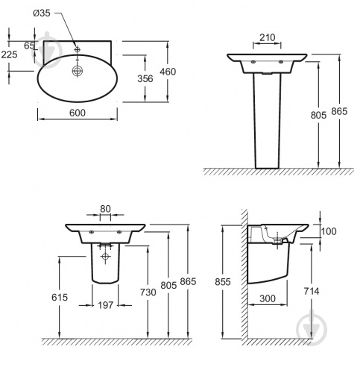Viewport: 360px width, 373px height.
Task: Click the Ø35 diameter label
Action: (x=42, y=13)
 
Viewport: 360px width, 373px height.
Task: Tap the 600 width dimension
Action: (x=78, y=113)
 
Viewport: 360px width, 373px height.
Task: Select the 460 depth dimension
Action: (x=168, y=72)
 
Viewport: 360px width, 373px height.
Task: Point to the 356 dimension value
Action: (x=145, y=78)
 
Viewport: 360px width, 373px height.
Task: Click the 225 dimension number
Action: (x=9, y=54)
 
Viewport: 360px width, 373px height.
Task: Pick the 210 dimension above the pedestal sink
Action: (x=268, y=37)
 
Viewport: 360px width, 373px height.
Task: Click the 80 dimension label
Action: (x=105, y=209)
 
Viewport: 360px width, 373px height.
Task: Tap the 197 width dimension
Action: (x=105, y=305)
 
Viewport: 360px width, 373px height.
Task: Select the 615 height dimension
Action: (x=60, y=297)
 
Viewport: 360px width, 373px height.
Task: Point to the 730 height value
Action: (x=148, y=292)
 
